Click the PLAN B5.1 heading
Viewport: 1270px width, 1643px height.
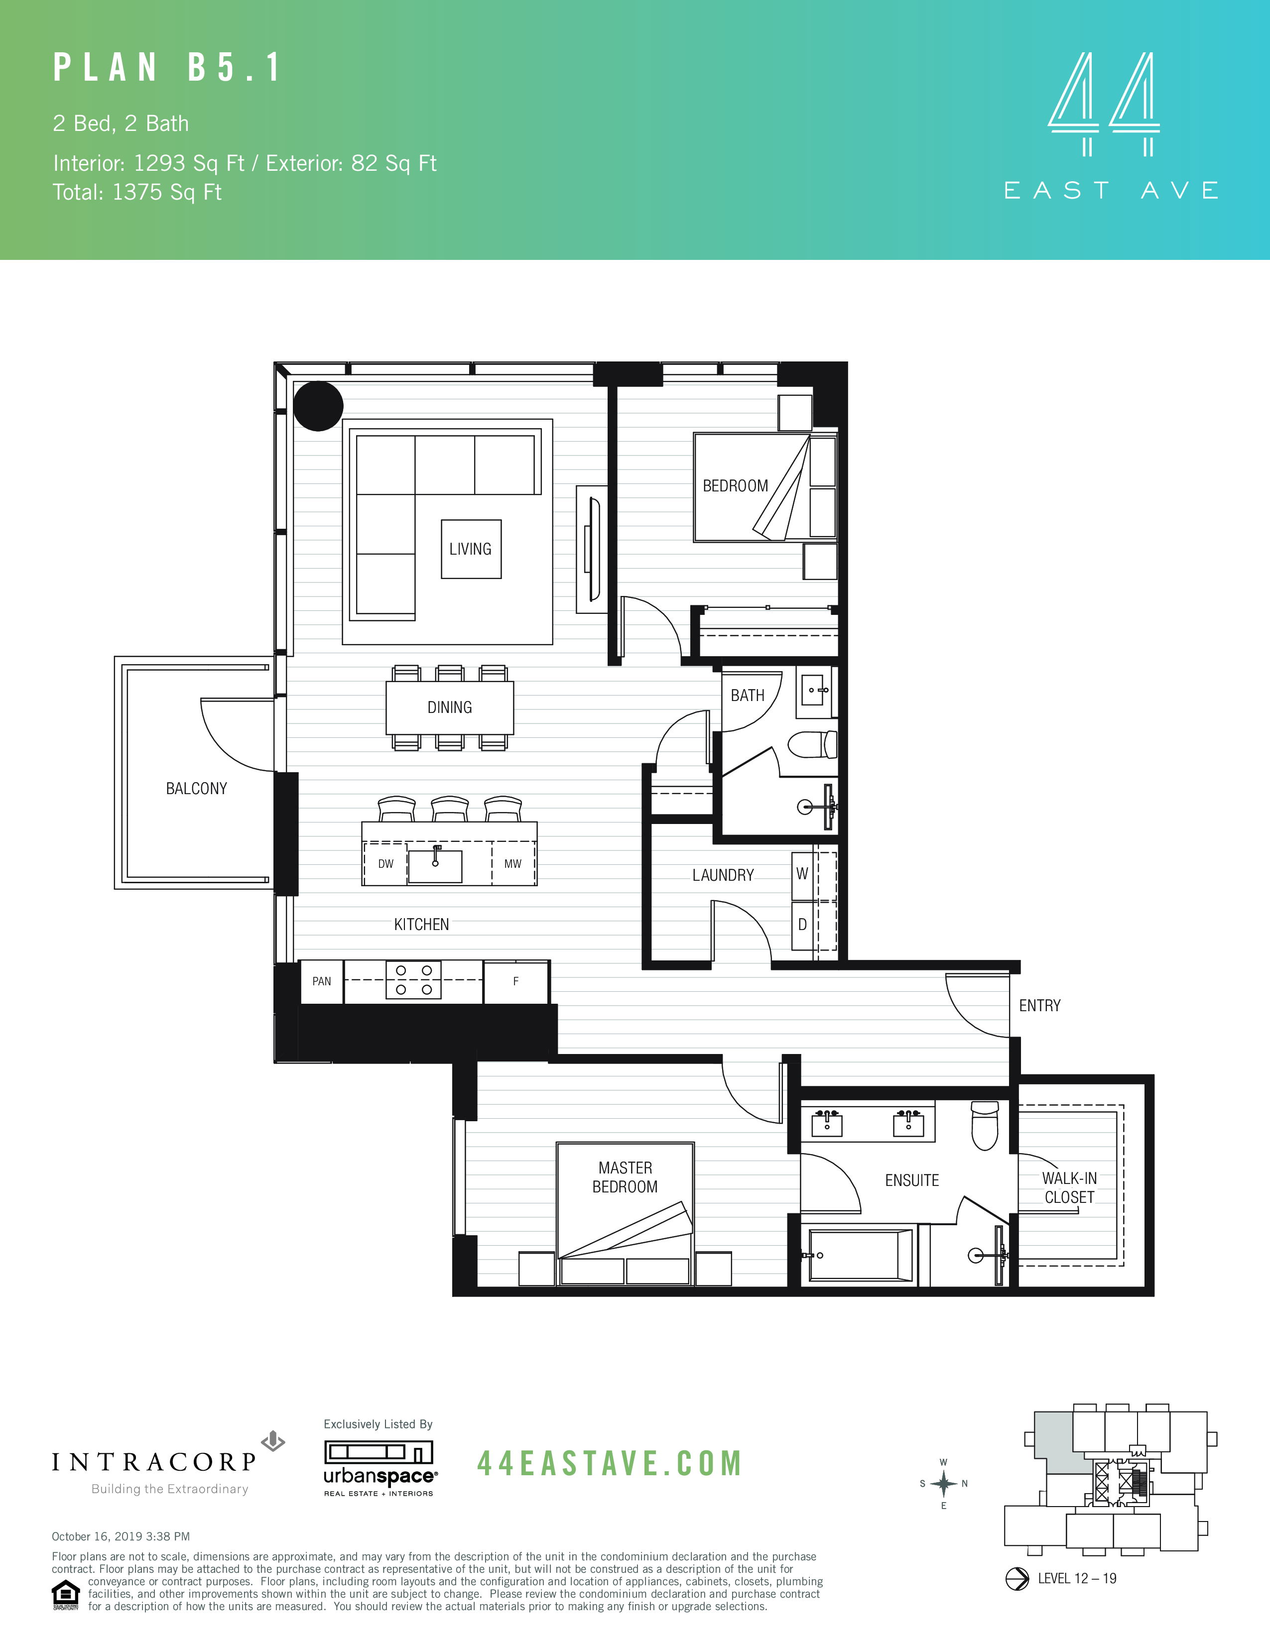point(167,68)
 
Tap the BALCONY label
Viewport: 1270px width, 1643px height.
point(196,789)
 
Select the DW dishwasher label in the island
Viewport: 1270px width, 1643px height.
point(385,864)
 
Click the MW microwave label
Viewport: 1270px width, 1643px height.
point(512,864)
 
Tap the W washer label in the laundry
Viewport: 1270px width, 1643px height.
point(802,873)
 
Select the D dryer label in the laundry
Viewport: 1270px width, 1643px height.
point(802,925)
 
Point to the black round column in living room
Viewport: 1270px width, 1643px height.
point(318,406)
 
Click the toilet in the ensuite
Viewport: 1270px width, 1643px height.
point(984,1126)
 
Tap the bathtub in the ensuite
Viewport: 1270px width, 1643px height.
point(860,1255)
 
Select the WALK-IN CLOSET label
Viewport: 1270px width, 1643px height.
point(1069,1188)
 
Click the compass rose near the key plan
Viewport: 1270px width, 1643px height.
point(943,1484)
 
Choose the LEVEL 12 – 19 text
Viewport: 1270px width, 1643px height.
point(1077,1578)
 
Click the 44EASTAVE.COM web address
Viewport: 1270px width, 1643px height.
point(610,1463)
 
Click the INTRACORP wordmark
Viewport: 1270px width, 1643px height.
point(155,1462)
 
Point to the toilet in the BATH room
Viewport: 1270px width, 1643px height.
point(811,745)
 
